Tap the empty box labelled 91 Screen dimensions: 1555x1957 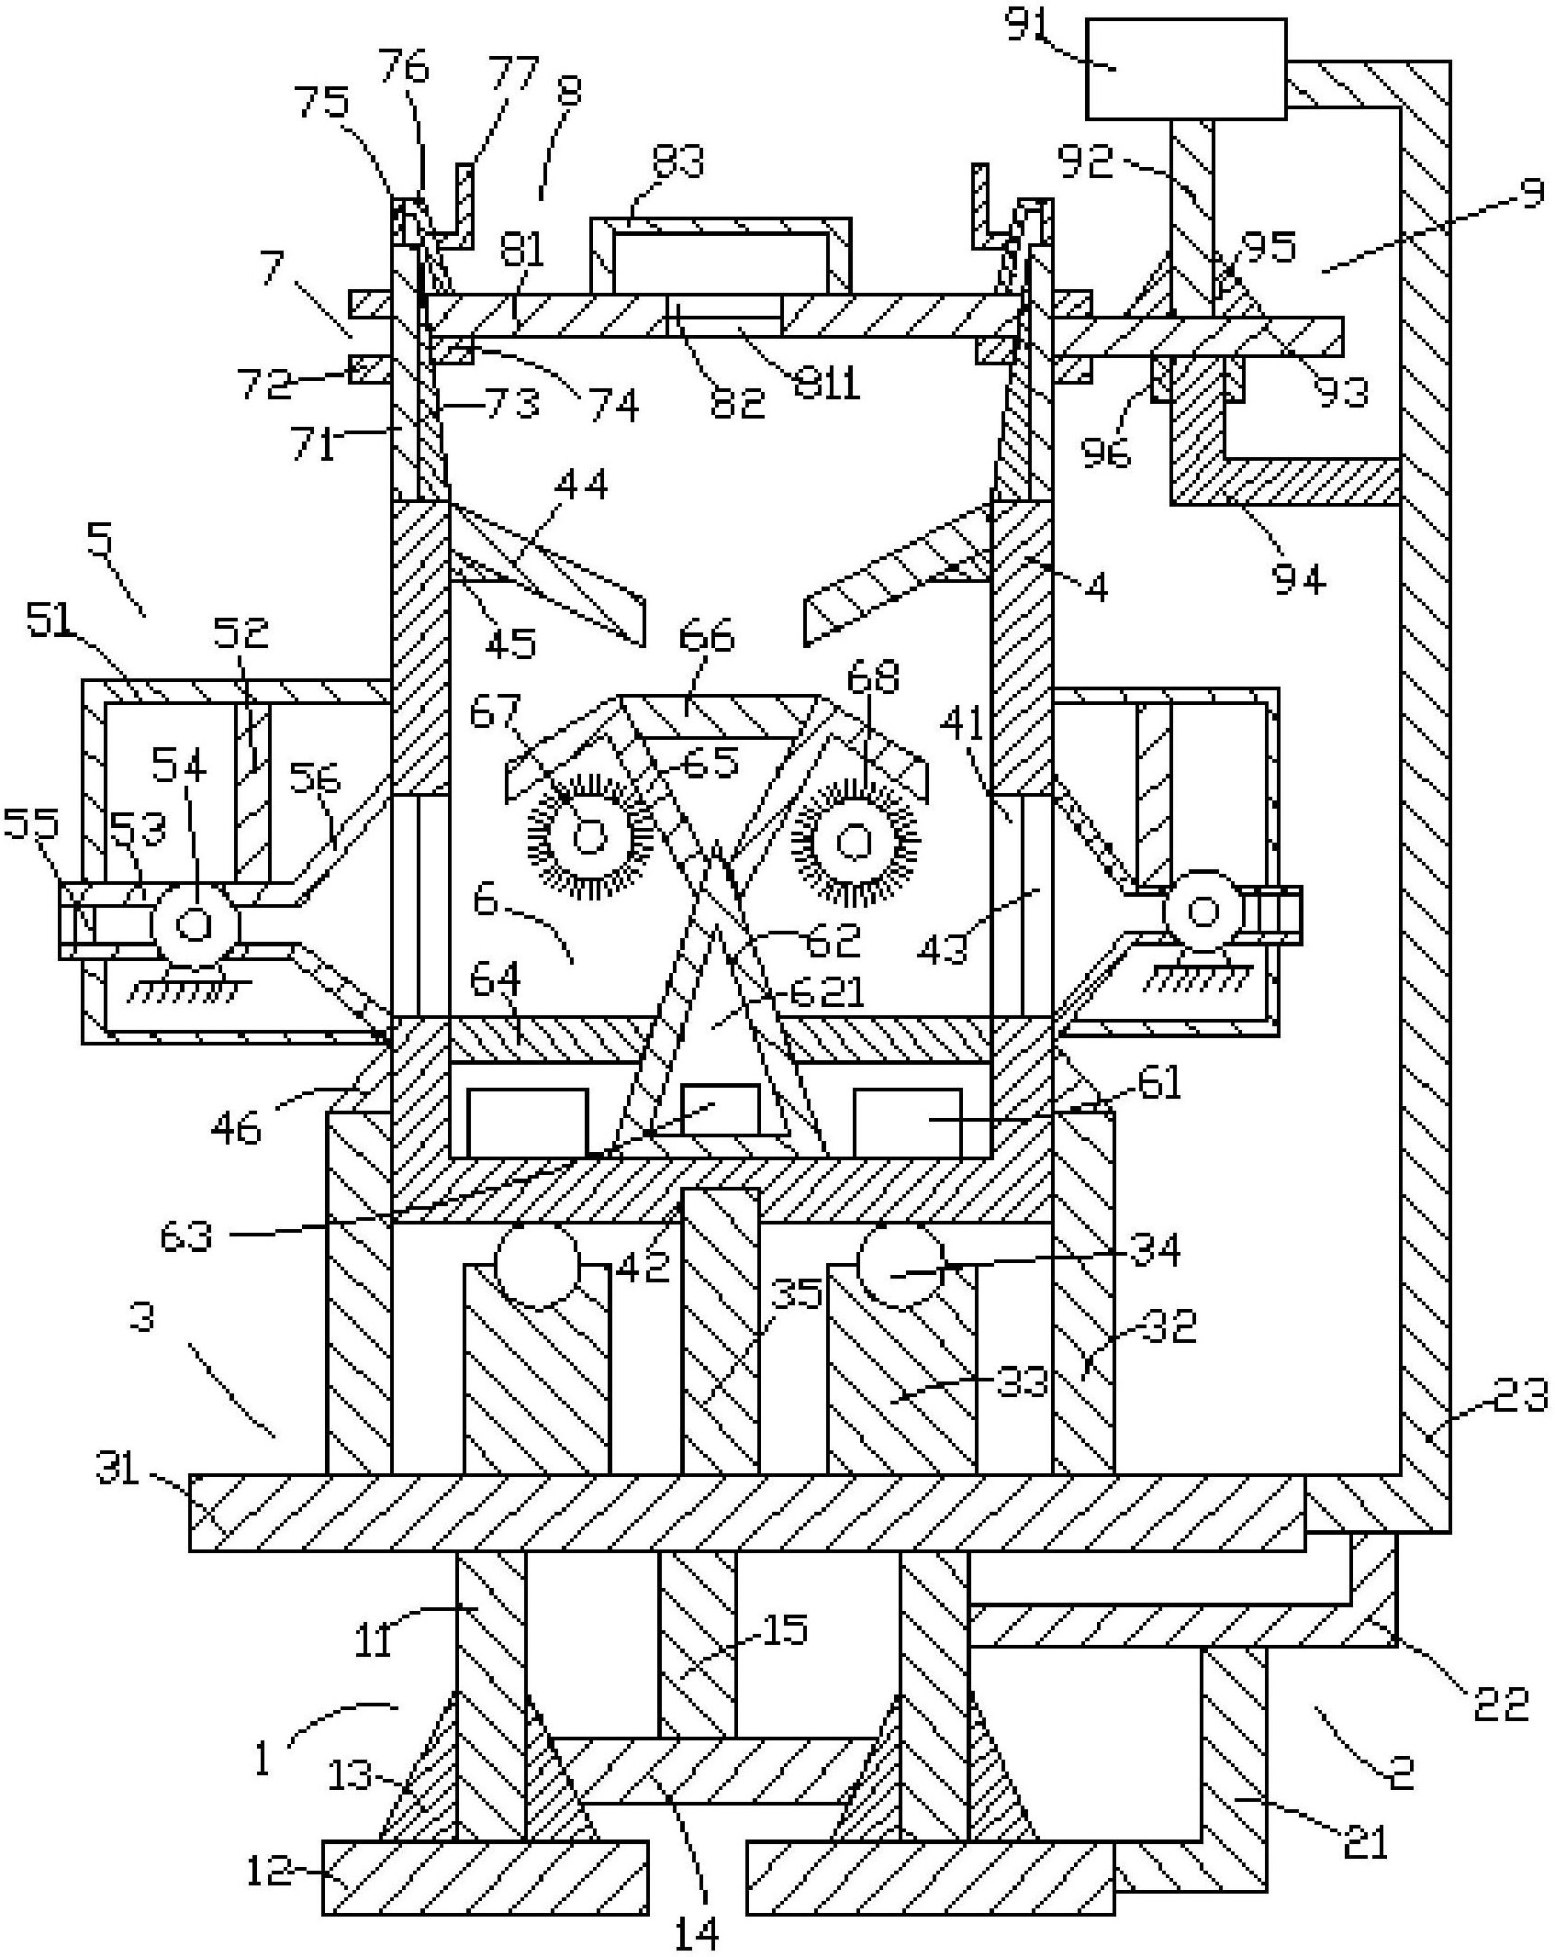pos(1186,69)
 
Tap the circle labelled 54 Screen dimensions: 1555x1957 pos(195,923)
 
